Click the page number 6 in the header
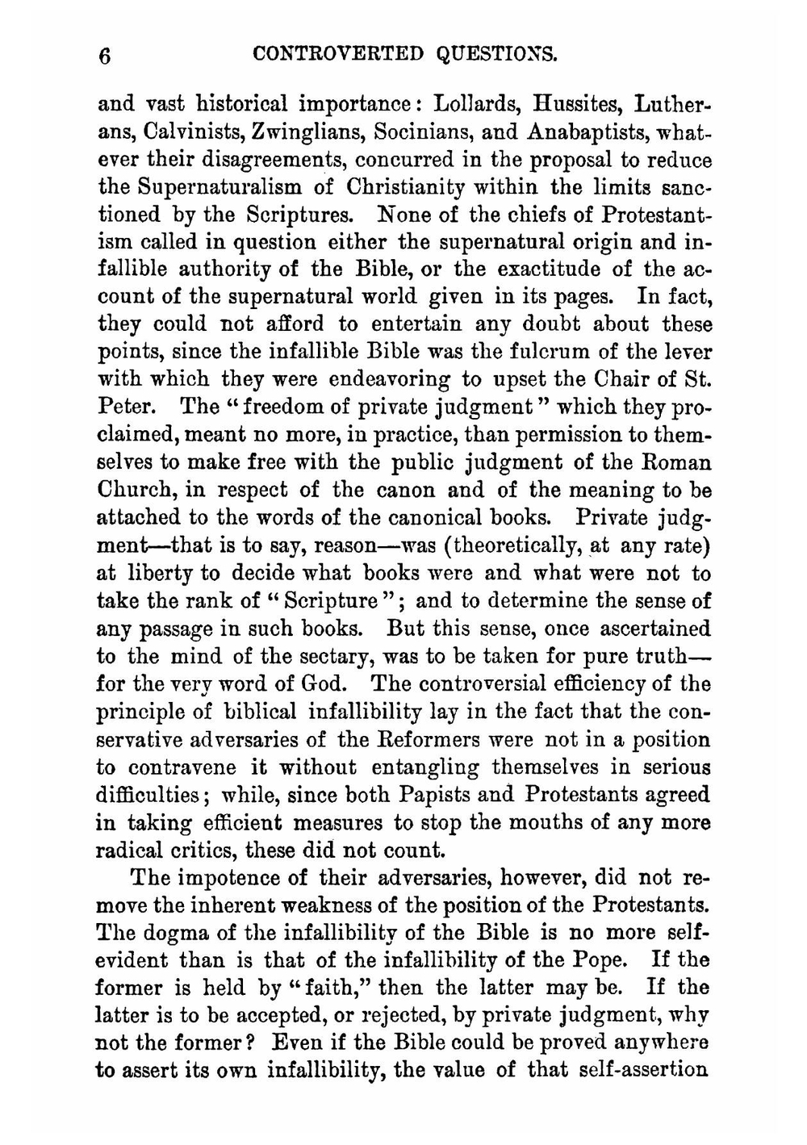coord(103,56)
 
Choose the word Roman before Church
coord(677,462)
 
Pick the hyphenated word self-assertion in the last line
coord(639,1070)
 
